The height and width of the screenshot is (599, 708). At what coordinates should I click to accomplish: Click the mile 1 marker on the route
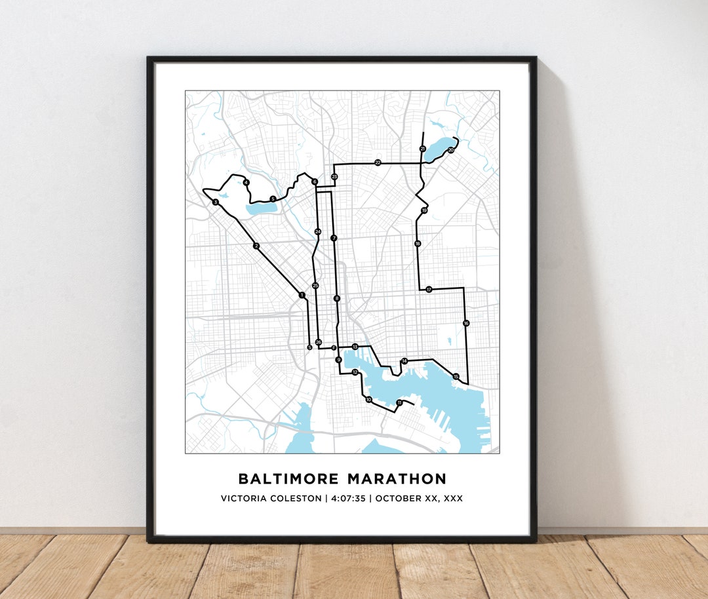tap(301, 295)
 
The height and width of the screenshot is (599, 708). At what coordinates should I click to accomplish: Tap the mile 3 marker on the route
tap(215, 202)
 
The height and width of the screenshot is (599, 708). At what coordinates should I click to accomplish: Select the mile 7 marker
tap(334, 238)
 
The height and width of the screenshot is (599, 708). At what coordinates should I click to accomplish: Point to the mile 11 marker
tap(399, 402)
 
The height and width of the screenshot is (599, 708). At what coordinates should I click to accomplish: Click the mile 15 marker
tap(456, 376)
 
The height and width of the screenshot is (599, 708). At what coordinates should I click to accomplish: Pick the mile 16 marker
tap(466, 323)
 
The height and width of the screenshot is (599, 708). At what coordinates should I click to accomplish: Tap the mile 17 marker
tap(429, 289)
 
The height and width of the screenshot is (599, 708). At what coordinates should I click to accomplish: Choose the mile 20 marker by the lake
tap(450, 150)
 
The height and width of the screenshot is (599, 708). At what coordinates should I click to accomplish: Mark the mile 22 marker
tap(378, 163)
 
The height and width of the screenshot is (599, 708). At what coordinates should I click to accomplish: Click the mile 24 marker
tap(317, 231)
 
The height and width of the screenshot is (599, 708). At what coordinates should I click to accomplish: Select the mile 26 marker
tap(319, 342)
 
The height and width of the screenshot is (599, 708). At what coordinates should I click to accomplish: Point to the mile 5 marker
tap(273, 199)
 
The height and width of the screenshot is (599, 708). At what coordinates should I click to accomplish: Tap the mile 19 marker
tap(424, 210)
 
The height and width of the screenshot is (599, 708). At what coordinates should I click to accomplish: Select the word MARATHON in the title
tap(397, 479)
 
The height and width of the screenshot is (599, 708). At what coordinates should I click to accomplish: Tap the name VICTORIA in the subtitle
tap(243, 499)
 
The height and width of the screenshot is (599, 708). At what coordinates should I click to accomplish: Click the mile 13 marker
tap(355, 347)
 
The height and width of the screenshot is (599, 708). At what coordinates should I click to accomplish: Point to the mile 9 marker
tap(338, 360)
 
